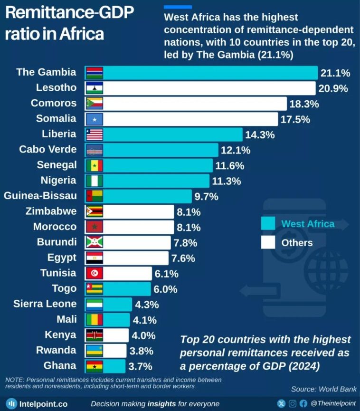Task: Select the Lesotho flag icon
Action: tap(95, 88)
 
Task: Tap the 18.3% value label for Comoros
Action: tap(304, 104)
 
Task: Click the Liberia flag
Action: tap(95, 134)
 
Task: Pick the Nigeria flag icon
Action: tap(95, 181)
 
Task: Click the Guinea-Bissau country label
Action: tap(40, 196)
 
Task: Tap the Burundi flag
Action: tap(95, 242)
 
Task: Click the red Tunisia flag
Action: tap(95, 273)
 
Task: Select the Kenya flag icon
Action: tap(95, 335)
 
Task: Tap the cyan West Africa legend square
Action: tap(268, 223)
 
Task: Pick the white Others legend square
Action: tap(268, 243)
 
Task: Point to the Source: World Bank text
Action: tap(323, 389)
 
